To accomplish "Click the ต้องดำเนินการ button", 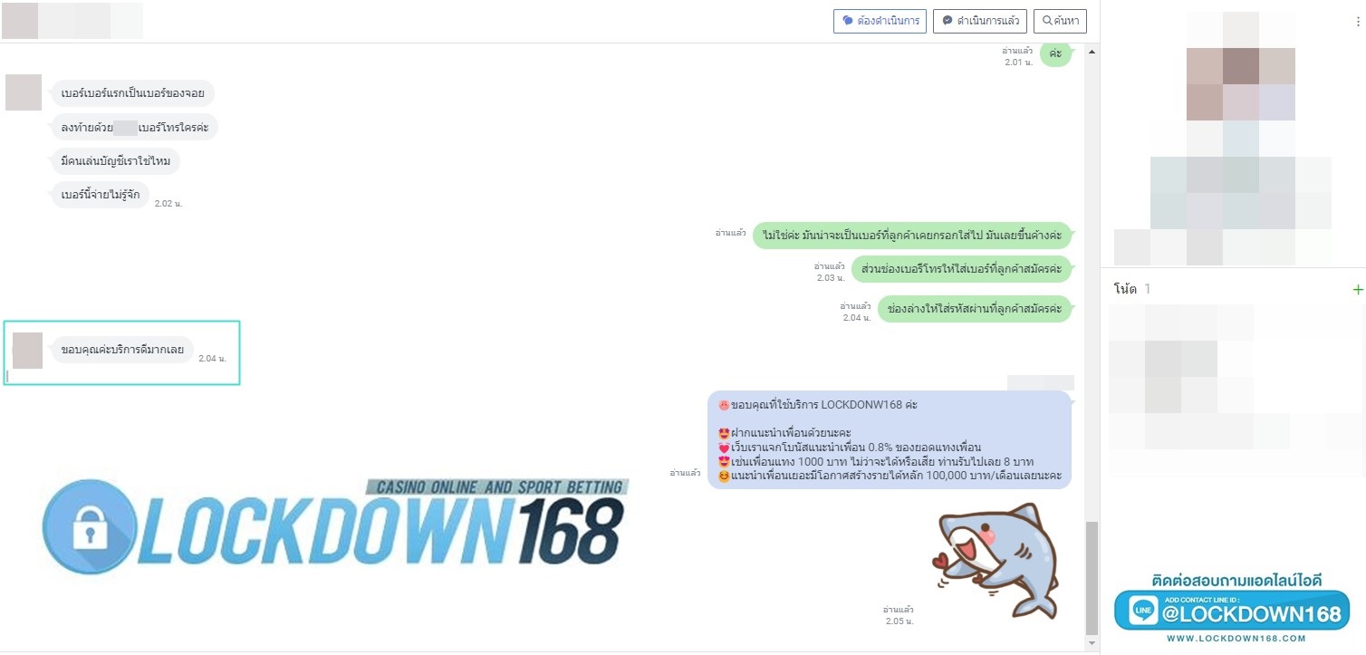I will pyautogui.click(x=880, y=21).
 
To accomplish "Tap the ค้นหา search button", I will pyautogui.click(x=1060, y=21).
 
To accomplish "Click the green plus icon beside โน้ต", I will pyautogui.click(x=1357, y=290).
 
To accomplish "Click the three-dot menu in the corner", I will pyautogui.click(x=1357, y=22).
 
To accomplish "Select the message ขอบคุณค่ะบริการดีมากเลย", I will pyautogui.click(x=122, y=350).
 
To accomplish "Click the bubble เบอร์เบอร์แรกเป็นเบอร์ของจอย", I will pyautogui.click(x=132, y=93).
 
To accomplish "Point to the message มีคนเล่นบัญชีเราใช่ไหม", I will pyautogui.click(x=115, y=162).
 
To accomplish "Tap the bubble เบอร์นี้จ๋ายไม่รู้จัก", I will pyautogui.click(x=100, y=194).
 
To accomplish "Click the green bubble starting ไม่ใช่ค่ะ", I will pyautogui.click(x=911, y=235).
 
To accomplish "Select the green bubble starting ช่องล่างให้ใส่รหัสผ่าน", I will pyautogui.click(x=974, y=308).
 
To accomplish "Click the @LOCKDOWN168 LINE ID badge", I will pyautogui.click(x=1233, y=613).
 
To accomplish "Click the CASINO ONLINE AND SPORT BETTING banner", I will pyautogui.click(x=496, y=487).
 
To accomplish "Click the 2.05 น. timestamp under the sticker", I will pyautogui.click(x=899, y=621).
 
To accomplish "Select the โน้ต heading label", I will pyautogui.click(x=1125, y=289).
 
